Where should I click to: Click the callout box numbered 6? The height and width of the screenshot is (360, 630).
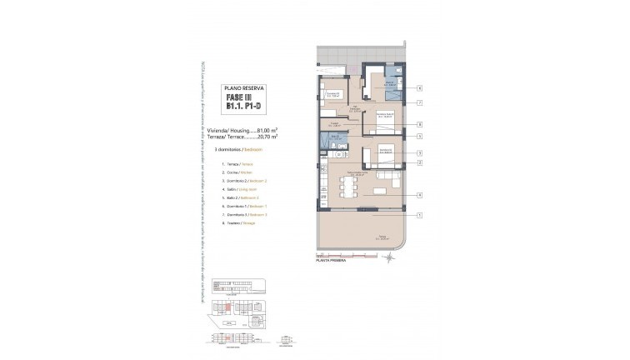pyautogui.click(x=420, y=87)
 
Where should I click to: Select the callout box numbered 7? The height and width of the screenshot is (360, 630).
pyautogui.click(x=420, y=102)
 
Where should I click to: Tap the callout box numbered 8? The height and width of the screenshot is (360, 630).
pyautogui.click(x=420, y=124)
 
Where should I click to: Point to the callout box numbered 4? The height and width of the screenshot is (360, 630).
pyautogui.click(x=420, y=195)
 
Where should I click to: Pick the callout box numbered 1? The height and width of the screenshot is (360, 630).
pyautogui.click(x=420, y=215)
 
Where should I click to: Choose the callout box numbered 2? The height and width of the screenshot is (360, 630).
pyautogui.click(x=420, y=162)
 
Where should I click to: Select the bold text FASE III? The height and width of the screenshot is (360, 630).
pyautogui.click(x=241, y=97)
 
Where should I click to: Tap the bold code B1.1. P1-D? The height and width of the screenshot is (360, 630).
pyautogui.click(x=241, y=108)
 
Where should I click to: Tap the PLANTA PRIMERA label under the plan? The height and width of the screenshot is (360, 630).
pyautogui.click(x=332, y=261)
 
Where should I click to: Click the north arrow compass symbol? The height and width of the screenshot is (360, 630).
pyautogui.click(x=390, y=258)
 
